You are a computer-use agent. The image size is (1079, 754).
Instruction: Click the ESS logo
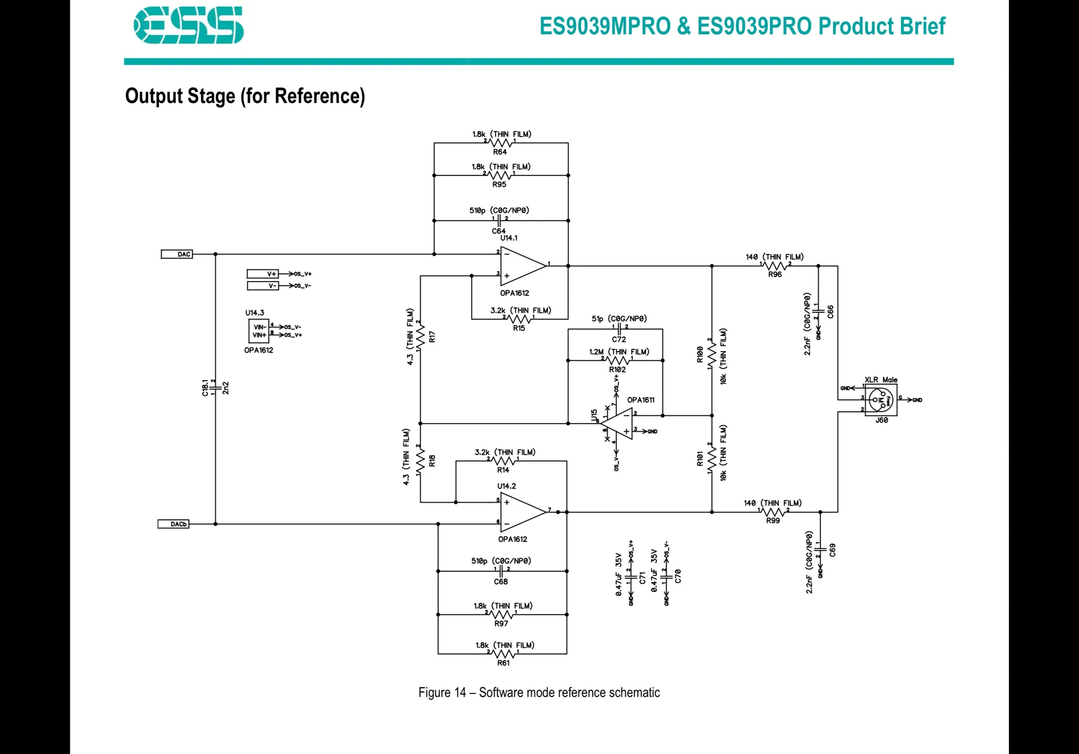pyautogui.click(x=188, y=25)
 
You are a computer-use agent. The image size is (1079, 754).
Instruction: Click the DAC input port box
pyautogui.click(x=177, y=254)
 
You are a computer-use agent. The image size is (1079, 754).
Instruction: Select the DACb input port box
pyautogui.click(x=174, y=524)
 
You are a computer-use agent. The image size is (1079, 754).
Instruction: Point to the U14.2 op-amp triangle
pyautogui.click(x=523, y=512)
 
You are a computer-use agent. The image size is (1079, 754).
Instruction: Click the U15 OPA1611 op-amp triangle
pyautogui.click(x=617, y=424)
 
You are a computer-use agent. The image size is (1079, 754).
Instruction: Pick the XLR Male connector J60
pyautogui.click(x=881, y=400)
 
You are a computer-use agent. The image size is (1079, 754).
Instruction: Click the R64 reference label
pyautogui.click(x=500, y=152)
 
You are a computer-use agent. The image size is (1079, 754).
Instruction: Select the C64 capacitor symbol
pyautogui.click(x=499, y=221)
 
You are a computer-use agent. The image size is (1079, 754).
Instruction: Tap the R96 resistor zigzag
pyautogui.click(x=775, y=266)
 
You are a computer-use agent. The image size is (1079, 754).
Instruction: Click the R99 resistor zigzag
pyautogui.click(x=773, y=512)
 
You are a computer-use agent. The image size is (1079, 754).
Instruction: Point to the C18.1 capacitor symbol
pyautogui.click(x=215, y=388)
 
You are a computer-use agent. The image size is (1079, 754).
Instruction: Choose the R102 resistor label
pyautogui.click(x=618, y=370)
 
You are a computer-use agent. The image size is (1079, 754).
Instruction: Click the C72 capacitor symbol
pyautogui.click(x=619, y=329)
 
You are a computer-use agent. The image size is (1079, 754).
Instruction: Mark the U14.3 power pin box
pyautogui.click(x=258, y=331)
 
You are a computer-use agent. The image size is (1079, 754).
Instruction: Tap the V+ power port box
pyautogui.click(x=263, y=273)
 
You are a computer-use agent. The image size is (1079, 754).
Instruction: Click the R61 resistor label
pyautogui.click(x=503, y=663)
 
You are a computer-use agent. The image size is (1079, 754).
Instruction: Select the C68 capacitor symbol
pyautogui.click(x=502, y=571)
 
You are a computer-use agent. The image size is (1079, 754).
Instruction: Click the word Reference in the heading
pyautogui.click(x=319, y=96)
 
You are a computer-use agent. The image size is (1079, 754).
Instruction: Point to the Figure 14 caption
pyautogui.click(x=539, y=693)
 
